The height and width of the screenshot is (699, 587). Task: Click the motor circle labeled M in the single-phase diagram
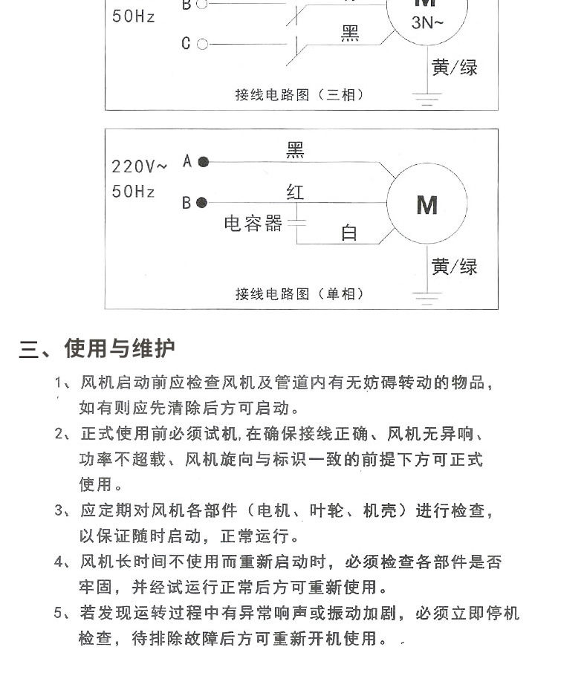point(427,204)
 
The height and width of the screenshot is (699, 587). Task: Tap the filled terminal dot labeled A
point(203,162)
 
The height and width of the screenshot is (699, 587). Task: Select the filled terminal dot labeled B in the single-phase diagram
point(203,202)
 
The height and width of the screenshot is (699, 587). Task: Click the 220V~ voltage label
point(140,166)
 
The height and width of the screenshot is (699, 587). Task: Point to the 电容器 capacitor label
point(253,224)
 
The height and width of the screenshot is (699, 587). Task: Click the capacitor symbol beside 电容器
point(297,223)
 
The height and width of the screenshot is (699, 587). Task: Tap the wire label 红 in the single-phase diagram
point(295,192)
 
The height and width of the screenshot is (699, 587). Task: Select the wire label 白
point(348,233)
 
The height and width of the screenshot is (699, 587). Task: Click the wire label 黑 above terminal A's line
point(295,152)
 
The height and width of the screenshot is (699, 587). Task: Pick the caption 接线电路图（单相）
point(300,294)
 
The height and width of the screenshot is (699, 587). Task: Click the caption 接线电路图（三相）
point(300,95)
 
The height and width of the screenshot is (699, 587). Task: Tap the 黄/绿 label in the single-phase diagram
point(454,267)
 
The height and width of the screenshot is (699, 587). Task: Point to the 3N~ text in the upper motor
point(427,23)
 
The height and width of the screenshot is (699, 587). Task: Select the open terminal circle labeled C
point(202,44)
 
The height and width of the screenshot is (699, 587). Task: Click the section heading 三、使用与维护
point(97,348)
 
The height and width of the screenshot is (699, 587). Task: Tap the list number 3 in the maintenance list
point(59,511)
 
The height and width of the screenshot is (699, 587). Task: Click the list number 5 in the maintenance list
point(59,614)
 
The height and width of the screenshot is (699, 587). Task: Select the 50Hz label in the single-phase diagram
point(134,192)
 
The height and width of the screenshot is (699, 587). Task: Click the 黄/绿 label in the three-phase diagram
point(454,68)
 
